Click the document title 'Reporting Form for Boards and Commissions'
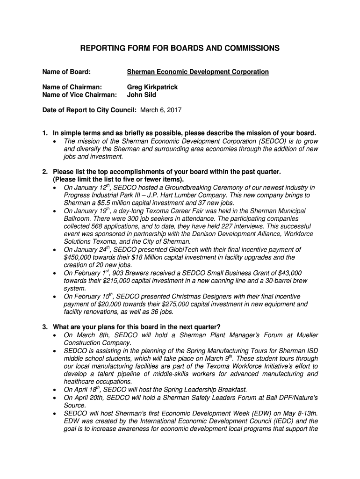pos(180,48)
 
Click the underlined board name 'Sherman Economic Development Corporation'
pos(198,72)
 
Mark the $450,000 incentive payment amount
pos(79,257)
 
